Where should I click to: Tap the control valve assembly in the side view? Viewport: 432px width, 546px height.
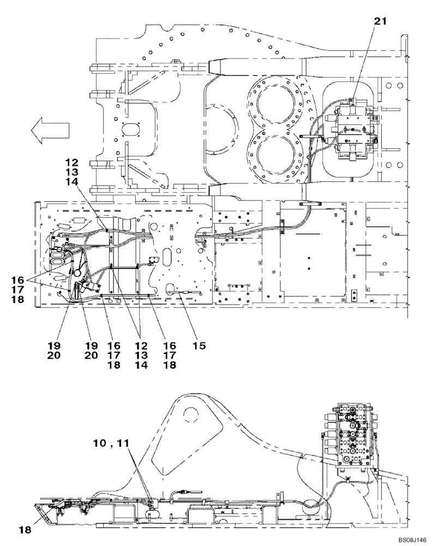(353, 431)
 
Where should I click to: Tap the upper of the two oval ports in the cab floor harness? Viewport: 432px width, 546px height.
(57, 253)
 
